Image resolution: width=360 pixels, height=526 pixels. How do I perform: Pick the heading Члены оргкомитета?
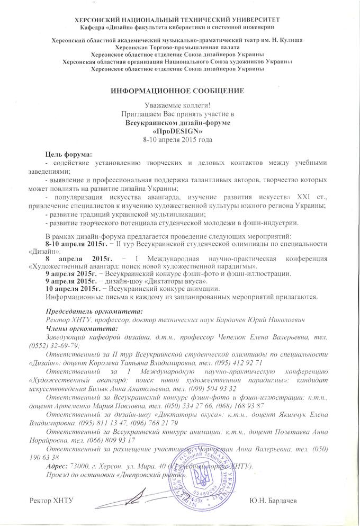click(x=77, y=329)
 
